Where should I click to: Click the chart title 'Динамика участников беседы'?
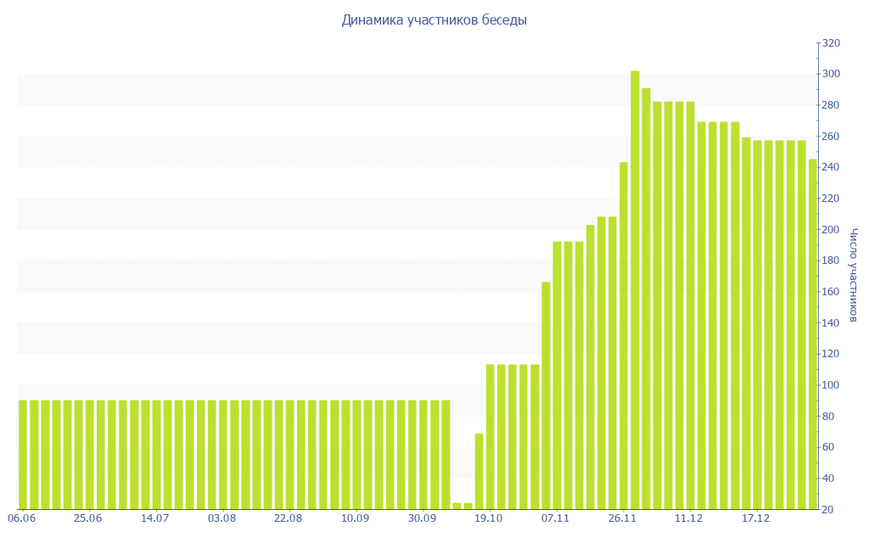(434, 20)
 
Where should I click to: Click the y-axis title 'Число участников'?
(854, 275)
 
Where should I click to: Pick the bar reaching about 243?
(624, 335)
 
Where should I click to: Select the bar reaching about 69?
(479, 471)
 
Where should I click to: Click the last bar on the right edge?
(812, 334)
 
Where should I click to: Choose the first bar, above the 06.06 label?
(23, 455)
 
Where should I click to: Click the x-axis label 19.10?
(489, 518)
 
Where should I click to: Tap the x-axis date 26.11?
(622, 518)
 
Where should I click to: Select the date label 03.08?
(221, 518)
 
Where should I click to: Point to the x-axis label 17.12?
(755, 518)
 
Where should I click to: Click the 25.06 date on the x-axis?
(88, 518)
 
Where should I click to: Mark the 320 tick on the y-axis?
(832, 43)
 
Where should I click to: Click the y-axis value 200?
(832, 230)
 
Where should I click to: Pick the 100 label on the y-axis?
(832, 385)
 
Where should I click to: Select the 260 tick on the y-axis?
(832, 137)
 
